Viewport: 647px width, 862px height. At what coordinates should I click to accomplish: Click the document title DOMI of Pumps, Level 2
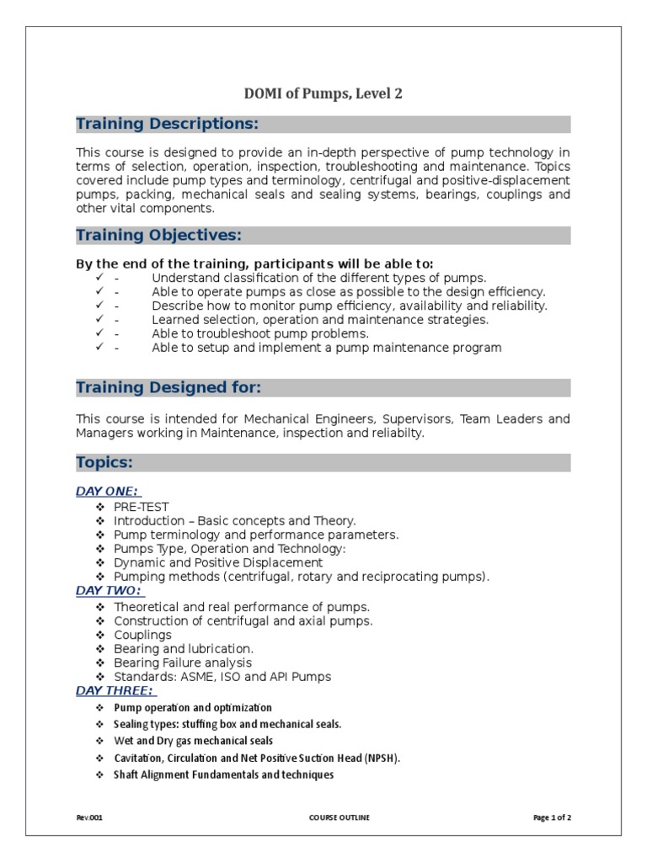pyautogui.click(x=323, y=93)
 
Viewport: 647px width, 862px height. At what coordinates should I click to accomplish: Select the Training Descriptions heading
pyautogui.click(x=167, y=125)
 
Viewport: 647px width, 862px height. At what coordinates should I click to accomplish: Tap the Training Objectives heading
pyautogui.click(x=158, y=235)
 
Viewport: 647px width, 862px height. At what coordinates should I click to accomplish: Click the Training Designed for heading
pyautogui.click(x=168, y=388)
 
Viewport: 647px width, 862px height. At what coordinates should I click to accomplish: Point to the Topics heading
pyautogui.click(x=104, y=463)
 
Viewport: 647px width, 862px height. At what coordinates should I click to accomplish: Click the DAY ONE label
pyautogui.click(x=107, y=492)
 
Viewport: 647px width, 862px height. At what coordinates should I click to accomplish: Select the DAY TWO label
pyautogui.click(x=108, y=591)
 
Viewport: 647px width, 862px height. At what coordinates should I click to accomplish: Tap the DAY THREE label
pyautogui.click(x=115, y=690)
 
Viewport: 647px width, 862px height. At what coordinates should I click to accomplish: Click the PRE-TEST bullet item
pyautogui.click(x=141, y=507)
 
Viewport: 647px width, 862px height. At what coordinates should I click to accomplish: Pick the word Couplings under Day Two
pyautogui.click(x=142, y=635)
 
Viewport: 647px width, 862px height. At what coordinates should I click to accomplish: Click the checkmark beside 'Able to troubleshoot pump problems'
pyautogui.click(x=99, y=333)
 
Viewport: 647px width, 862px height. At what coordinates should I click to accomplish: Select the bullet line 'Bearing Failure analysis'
pyautogui.click(x=182, y=662)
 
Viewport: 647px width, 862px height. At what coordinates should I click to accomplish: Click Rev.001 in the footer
pyautogui.click(x=89, y=817)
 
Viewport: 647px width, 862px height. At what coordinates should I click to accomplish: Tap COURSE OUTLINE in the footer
pyautogui.click(x=339, y=817)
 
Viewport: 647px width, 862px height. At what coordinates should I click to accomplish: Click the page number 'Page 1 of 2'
pyautogui.click(x=552, y=817)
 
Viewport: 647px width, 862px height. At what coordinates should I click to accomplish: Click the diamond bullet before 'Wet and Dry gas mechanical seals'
pyautogui.click(x=99, y=741)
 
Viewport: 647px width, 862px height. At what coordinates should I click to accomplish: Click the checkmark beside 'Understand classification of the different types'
pyautogui.click(x=99, y=277)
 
